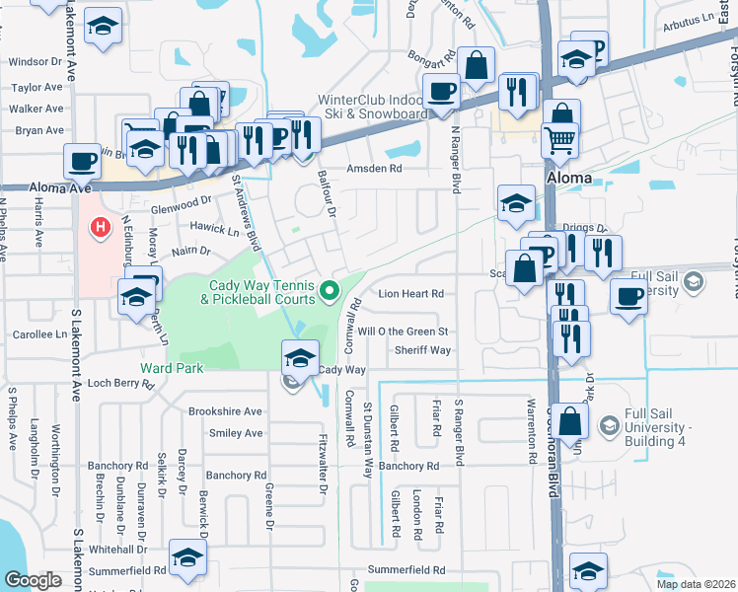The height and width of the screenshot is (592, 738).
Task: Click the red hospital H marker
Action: [100, 228]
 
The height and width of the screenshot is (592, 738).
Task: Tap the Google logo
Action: [32, 580]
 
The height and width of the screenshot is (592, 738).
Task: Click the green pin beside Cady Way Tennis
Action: [332, 290]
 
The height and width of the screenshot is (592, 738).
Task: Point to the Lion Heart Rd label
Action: [411, 294]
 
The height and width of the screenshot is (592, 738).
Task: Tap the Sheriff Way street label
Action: [422, 350]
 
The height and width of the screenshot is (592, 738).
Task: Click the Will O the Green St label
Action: [404, 332]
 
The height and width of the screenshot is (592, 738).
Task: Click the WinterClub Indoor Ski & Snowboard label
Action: [372, 106]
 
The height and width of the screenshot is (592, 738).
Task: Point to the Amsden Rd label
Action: [374, 169]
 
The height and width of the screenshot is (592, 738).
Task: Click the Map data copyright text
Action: [697, 584]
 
